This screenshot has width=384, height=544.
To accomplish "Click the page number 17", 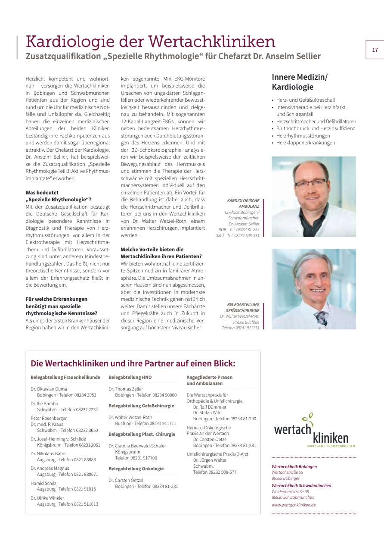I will point(375,50).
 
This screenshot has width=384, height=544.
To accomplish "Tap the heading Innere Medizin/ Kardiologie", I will point(300,82).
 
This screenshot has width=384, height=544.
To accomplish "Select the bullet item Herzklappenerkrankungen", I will point(306,143).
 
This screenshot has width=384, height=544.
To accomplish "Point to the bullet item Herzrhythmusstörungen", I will point(303,135).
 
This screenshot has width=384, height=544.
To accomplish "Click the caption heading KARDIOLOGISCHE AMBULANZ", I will point(243,203).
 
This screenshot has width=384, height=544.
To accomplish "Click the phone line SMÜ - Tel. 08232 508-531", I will point(238,235).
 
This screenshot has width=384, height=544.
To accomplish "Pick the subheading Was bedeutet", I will point(42,192).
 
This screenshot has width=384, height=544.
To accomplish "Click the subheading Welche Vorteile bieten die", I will point(152,249).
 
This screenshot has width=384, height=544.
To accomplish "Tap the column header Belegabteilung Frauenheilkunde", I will point(65,377).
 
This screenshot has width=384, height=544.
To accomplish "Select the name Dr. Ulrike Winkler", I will point(47,498).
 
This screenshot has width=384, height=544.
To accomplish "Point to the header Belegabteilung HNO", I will point(130,377).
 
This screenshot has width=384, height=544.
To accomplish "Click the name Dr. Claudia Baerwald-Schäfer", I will point(137,446).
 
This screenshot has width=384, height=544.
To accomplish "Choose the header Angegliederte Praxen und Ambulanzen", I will point(209,380).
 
